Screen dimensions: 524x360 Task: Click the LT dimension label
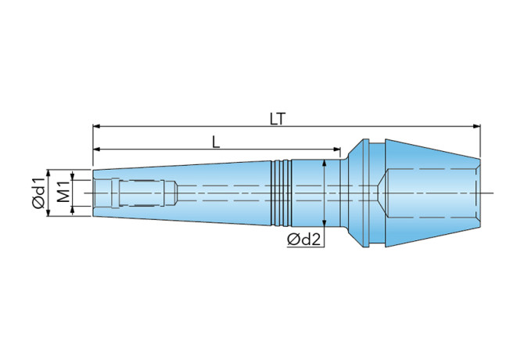click(278, 119)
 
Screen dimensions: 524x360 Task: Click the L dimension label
click(216, 142)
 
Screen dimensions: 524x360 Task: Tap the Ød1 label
click(38, 193)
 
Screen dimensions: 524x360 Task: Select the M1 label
click(63, 192)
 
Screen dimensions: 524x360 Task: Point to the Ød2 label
click(303, 239)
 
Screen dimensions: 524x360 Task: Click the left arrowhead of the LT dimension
click(96, 126)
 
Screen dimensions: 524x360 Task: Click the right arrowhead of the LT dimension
click(476, 126)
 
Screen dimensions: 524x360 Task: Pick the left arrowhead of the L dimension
click(96, 149)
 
